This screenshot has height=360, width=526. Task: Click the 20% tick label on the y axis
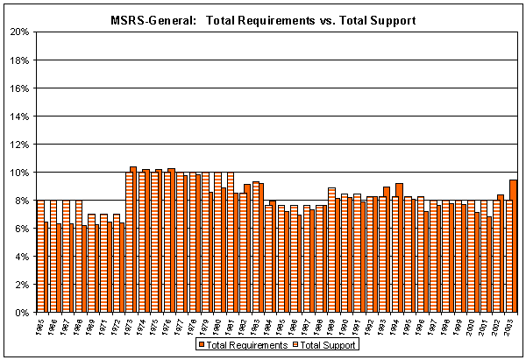pyautogui.click(x=19, y=32)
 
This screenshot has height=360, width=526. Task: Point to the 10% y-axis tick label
pyautogui.click(x=19, y=172)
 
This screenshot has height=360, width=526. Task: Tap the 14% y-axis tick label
pyautogui.click(x=19, y=116)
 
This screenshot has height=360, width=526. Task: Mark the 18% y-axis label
pyautogui.click(x=19, y=60)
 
